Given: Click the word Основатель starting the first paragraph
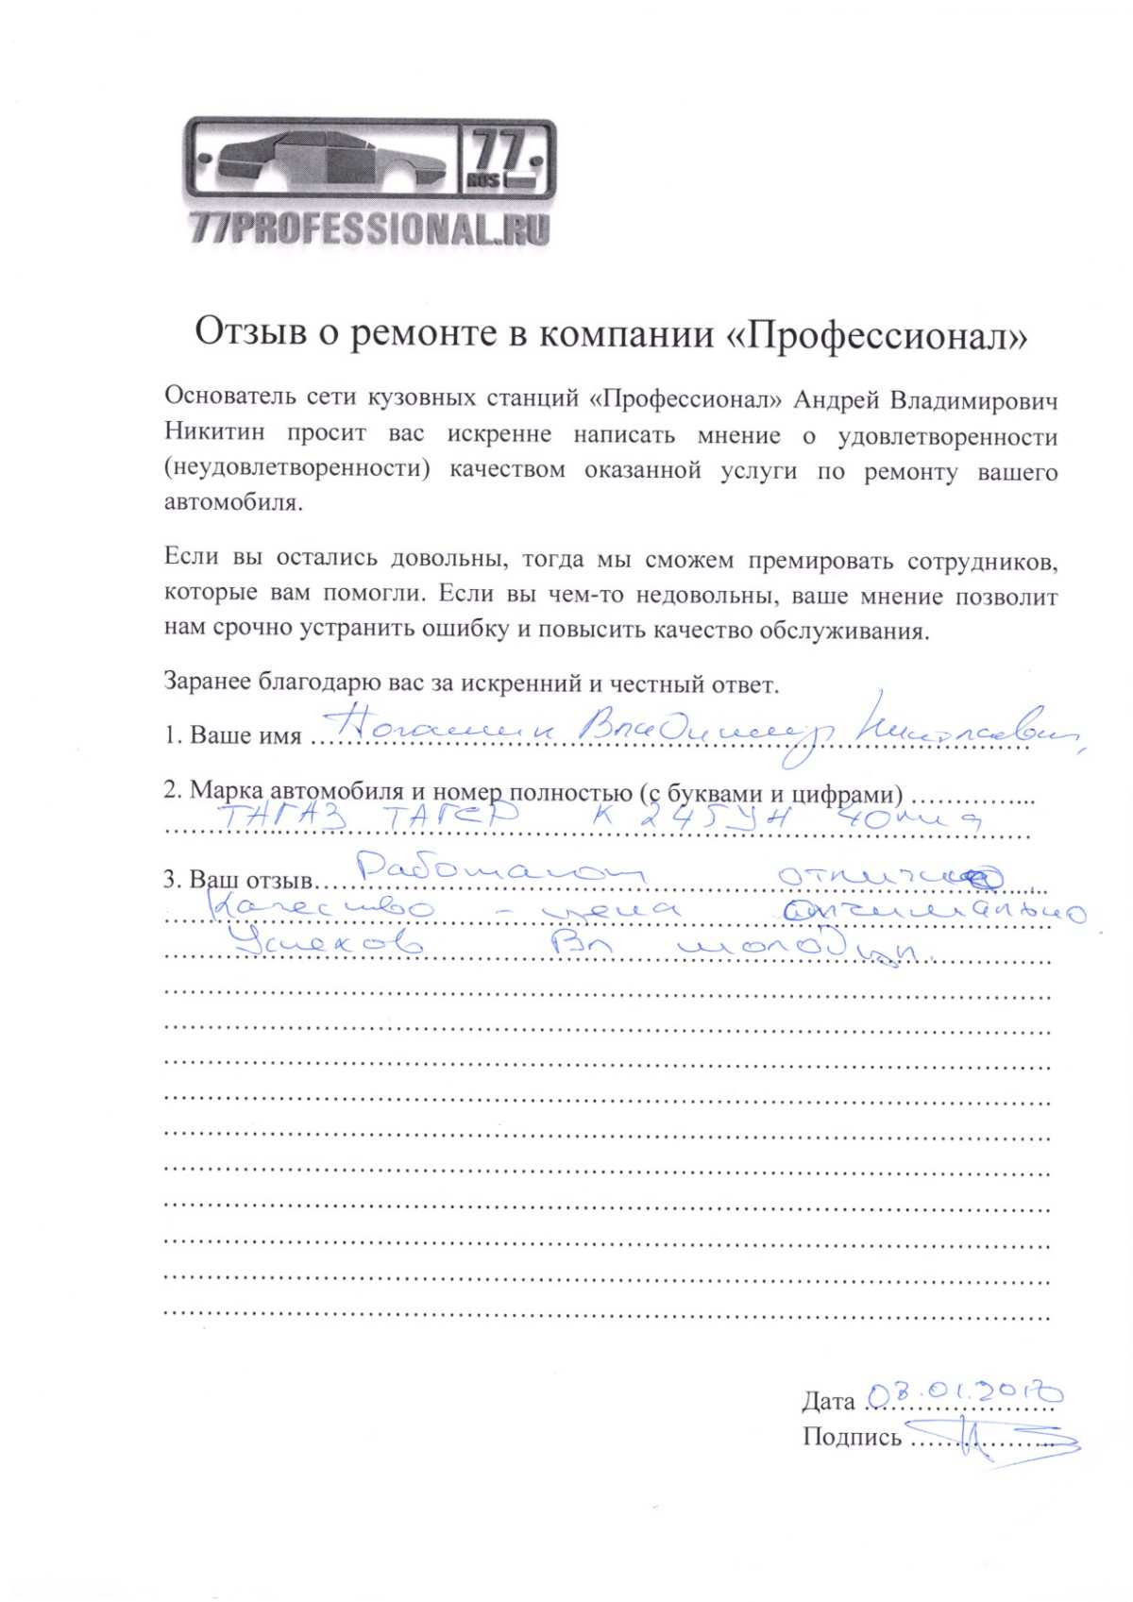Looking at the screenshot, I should (227, 397).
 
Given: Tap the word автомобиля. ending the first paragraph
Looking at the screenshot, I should (233, 502).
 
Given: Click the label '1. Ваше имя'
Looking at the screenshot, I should (232, 735).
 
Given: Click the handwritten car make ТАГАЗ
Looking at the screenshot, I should (282, 818).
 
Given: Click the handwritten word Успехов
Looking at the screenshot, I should (330, 943).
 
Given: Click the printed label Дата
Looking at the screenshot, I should (828, 1401).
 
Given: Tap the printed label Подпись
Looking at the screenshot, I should (851, 1437).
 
